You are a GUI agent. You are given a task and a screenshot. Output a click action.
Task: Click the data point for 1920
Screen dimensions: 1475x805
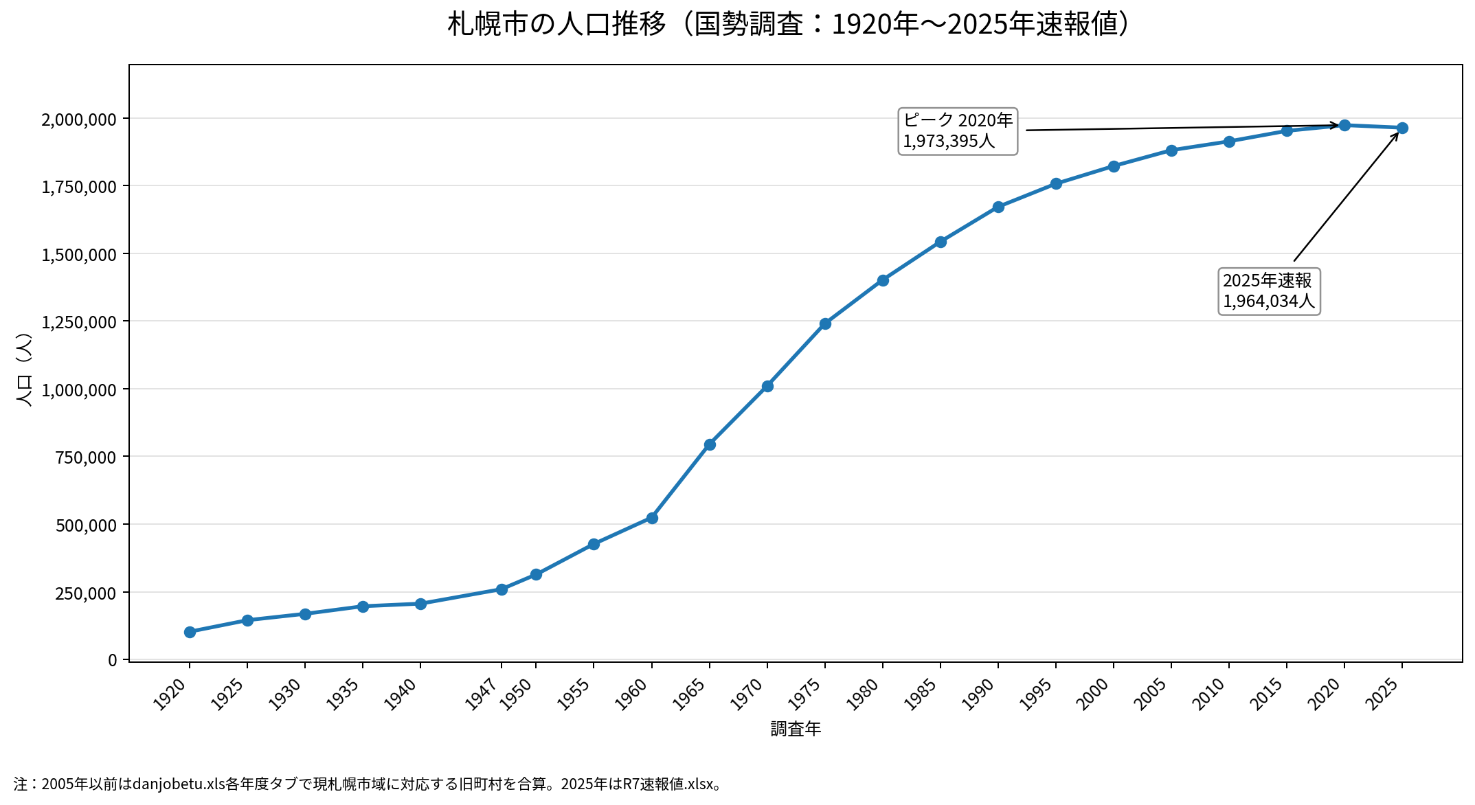(x=190, y=632)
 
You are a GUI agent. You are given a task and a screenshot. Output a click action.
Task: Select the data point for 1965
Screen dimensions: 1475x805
(x=710, y=444)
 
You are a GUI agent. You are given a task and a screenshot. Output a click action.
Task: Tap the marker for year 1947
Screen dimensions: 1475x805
(x=502, y=589)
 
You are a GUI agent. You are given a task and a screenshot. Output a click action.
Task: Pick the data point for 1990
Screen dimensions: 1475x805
(x=998, y=207)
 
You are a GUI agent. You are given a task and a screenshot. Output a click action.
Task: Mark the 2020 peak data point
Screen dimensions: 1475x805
(x=1344, y=125)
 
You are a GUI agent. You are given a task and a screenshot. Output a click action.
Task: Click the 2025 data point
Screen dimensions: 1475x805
(x=1402, y=128)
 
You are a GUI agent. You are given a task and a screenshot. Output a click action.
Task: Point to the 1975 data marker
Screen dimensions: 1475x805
(x=825, y=324)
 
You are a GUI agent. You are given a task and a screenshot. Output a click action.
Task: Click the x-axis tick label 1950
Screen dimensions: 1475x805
(x=516, y=694)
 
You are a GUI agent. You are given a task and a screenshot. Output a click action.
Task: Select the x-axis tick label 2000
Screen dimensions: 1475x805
(x=1094, y=694)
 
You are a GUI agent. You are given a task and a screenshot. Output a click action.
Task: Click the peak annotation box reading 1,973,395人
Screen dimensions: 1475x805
(x=958, y=131)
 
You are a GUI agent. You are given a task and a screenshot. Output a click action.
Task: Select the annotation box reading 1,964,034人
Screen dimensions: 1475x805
(x=1269, y=291)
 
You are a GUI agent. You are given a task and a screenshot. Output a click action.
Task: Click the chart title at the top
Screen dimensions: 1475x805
(x=787, y=24)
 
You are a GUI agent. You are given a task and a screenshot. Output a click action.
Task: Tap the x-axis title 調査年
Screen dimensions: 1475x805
(x=796, y=729)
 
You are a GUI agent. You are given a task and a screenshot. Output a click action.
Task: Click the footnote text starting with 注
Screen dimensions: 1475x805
(x=368, y=784)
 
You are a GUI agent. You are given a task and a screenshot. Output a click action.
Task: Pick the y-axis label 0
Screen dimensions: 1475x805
(x=113, y=660)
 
